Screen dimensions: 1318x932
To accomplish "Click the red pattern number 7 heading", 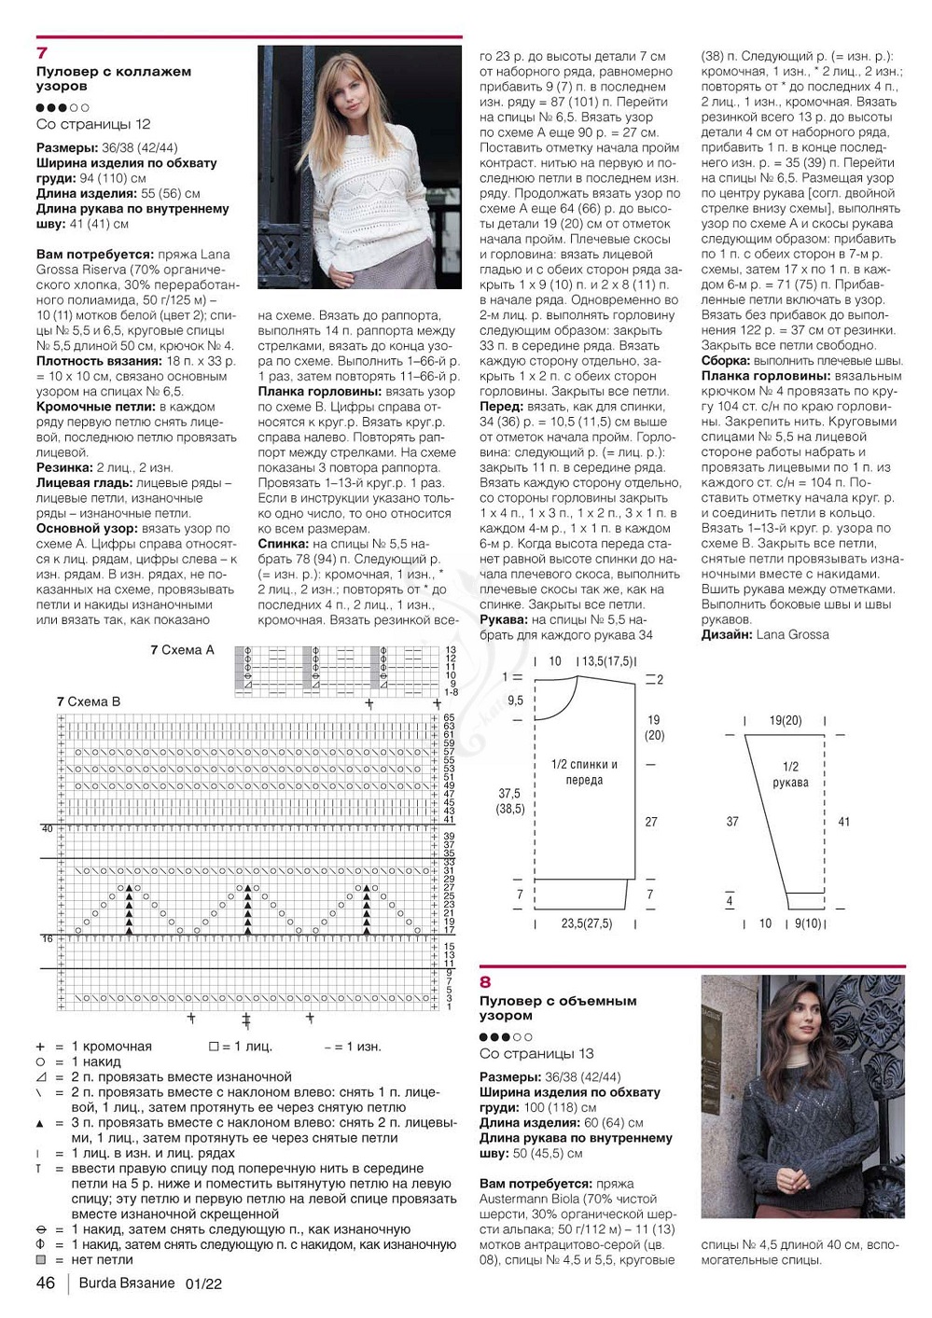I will [x=42, y=53].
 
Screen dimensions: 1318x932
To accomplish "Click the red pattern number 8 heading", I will [x=485, y=982].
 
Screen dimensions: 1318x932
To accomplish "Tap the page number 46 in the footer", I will [x=46, y=1283].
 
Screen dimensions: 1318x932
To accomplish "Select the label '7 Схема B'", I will [x=89, y=701].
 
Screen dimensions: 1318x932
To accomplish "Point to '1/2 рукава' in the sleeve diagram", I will [x=790, y=774].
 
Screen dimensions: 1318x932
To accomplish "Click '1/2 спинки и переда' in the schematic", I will [x=584, y=772].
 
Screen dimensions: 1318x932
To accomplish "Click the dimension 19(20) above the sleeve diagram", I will [x=785, y=721].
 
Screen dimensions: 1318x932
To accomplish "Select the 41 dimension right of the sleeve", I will [x=843, y=822].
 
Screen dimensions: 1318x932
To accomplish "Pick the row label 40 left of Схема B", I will [x=47, y=828].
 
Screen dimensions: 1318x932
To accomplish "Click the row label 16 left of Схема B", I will [x=47, y=938].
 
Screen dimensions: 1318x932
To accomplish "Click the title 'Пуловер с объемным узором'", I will [x=558, y=1007].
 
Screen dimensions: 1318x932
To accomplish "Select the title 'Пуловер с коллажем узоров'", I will [x=114, y=78].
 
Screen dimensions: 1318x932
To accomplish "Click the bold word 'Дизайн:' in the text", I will [x=727, y=634].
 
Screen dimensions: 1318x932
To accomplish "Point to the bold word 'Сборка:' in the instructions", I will [x=726, y=360].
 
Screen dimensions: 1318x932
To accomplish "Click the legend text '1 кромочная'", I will [x=111, y=1047].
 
